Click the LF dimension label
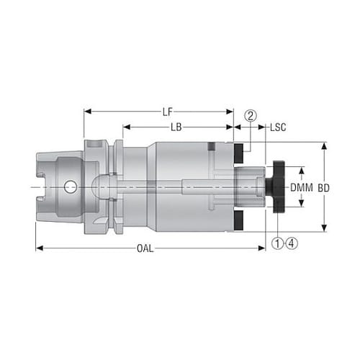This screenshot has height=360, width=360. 168,112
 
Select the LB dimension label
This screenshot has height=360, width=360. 176,127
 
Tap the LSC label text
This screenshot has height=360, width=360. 278,127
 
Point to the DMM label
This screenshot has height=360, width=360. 302,187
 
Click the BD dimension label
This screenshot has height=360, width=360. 323,188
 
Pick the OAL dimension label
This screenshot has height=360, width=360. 145,248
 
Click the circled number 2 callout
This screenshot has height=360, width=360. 251,116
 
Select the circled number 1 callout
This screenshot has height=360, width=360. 278,243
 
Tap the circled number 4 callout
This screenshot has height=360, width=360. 292,243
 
